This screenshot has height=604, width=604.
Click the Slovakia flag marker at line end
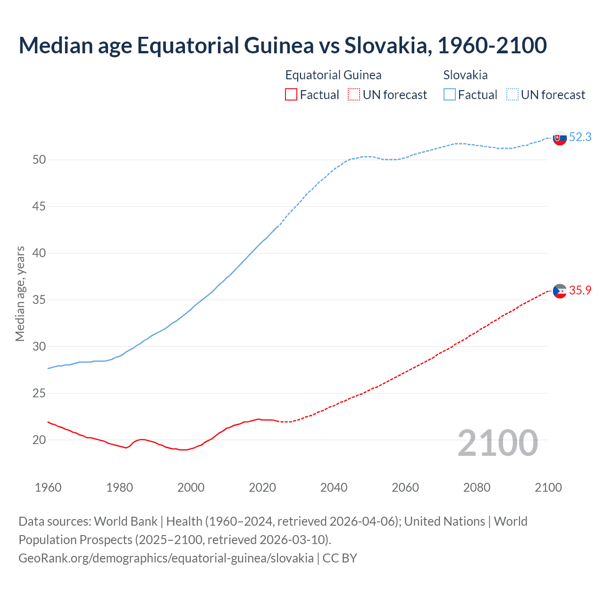pos(559,138)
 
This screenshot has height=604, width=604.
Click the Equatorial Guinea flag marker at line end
pos(559,291)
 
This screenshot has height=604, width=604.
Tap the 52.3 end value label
pos(580,137)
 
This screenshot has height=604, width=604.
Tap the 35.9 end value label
pos(580,290)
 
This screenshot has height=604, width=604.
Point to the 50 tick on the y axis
pos(39,160)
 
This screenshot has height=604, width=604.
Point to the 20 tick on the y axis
pos(39,440)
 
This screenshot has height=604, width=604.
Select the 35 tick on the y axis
pos(39,300)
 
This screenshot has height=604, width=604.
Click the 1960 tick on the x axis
pos(48,487)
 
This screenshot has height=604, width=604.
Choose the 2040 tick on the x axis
pos(334,487)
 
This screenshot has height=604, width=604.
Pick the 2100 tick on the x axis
pos(548,487)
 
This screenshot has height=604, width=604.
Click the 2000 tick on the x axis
pos(191,487)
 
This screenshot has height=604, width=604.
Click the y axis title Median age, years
pos(20,293)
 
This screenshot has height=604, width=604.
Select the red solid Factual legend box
pos(291,95)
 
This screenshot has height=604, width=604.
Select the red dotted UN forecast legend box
pos(353,95)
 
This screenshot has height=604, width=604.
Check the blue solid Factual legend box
pos(450,95)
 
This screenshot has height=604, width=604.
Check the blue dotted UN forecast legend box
pos(512,95)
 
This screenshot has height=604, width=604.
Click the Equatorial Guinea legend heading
pos(333,75)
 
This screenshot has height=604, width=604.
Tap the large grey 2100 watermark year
pos(497,443)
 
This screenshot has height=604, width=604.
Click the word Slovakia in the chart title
pos(386,45)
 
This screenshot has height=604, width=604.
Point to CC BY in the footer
pos(340,558)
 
